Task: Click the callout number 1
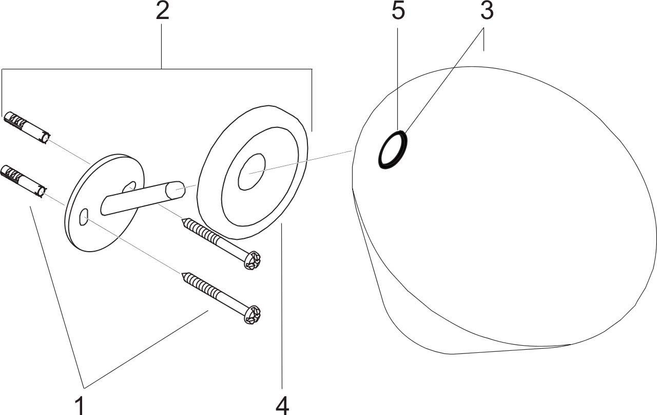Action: click(x=80, y=405)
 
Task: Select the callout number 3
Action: click(x=487, y=12)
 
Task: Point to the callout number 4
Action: click(x=282, y=405)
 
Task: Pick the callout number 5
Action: click(x=398, y=12)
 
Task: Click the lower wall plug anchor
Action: click(x=24, y=182)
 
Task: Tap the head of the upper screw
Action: click(x=252, y=260)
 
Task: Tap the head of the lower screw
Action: click(x=252, y=315)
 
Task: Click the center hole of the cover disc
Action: click(x=252, y=172)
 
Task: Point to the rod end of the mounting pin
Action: click(x=175, y=190)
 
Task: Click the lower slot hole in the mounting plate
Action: click(x=84, y=217)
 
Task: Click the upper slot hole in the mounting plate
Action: click(x=129, y=187)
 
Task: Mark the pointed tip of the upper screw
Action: click(x=182, y=219)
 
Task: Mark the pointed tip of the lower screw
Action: click(x=182, y=273)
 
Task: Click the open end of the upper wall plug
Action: click(x=46, y=138)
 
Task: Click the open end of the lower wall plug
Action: click(x=42, y=193)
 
